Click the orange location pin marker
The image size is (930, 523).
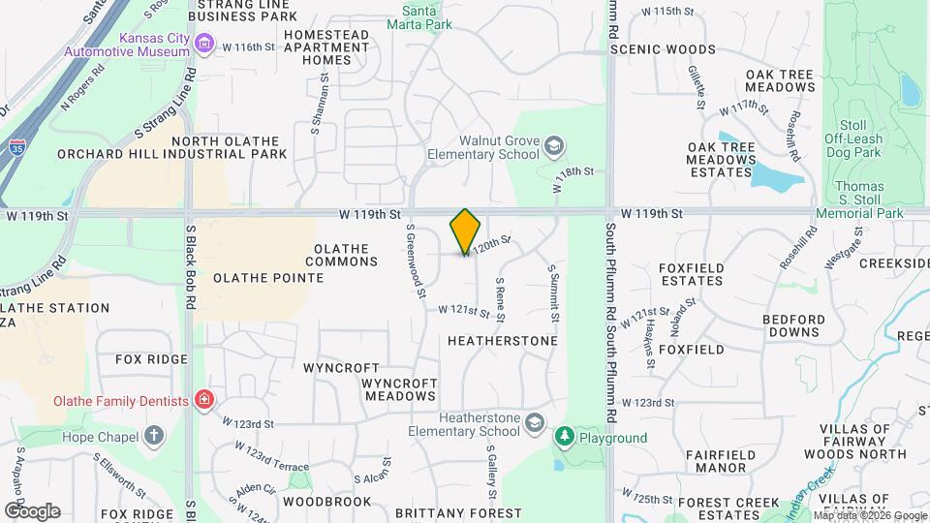pyautogui.click(x=466, y=231)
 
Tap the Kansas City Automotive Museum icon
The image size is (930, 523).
pyautogui.click(x=203, y=43)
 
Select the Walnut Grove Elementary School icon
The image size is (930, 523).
pyautogui.click(x=554, y=146)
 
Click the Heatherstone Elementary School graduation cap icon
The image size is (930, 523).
pyautogui.click(x=534, y=423)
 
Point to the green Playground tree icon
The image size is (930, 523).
pyautogui.click(x=564, y=438)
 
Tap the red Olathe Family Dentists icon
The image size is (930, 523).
pyautogui.click(x=203, y=399)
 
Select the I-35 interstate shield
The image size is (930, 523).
pyautogui.click(x=18, y=147)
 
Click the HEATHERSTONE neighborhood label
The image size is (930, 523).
pyautogui.click(x=503, y=341)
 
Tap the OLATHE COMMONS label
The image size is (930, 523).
pyautogui.click(x=342, y=255)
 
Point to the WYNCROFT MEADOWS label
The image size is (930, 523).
pyautogui.click(x=398, y=389)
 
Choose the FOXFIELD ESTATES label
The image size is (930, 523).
pyautogui.click(x=691, y=274)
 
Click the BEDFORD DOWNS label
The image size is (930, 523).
pyautogui.click(x=793, y=325)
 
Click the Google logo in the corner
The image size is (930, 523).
pyautogui.click(x=32, y=510)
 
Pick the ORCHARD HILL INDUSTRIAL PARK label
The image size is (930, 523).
pyautogui.click(x=172, y=154)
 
